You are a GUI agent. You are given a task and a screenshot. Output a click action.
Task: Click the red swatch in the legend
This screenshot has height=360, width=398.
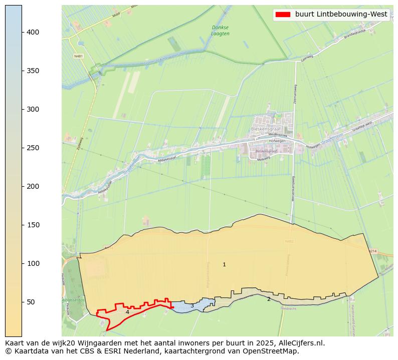coord(283,15)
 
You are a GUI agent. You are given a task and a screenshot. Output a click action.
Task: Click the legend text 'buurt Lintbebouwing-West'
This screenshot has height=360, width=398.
coord(341,15)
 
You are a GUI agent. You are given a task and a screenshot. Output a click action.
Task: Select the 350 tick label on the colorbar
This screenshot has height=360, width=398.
coord(34,71)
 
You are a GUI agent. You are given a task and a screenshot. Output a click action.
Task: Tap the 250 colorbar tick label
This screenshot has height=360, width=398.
coord(34,148)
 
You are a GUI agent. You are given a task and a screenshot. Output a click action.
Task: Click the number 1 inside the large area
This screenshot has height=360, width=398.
coord(224,264)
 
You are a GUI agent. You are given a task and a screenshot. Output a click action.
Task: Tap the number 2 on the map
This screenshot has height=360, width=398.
coord(269,299)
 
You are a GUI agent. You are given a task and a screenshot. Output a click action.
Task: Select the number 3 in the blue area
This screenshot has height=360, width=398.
coord(192,306)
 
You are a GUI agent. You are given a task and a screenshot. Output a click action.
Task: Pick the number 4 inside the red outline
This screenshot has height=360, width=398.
coord(127,312)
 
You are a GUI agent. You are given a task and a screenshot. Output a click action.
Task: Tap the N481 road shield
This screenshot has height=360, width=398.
coord(78,56)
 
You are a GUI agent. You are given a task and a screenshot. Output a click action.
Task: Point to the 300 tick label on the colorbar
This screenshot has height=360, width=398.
coord(34,109)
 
